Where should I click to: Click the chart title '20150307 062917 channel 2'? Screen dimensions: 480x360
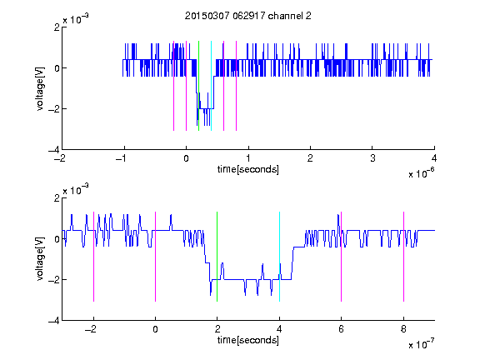pos(248,16)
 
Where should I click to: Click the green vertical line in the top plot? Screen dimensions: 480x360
pos(198,86)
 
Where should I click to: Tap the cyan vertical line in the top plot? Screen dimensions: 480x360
pos(211,86)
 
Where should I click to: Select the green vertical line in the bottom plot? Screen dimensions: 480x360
pos(217,257)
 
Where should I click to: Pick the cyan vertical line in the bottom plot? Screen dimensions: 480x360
pos(279,257)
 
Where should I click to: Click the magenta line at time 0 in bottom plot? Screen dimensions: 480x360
pos(156,257)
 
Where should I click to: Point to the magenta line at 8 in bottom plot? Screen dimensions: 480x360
pos(403,257)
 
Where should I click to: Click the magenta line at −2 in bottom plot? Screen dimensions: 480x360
pos(93,257)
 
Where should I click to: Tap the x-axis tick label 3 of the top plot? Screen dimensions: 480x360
pos(372,158)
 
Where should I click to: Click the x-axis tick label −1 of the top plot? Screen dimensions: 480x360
pos(121,158)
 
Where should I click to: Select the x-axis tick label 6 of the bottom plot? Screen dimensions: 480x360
pos(342,329)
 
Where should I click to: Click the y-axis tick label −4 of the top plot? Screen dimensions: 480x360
pos(54,150)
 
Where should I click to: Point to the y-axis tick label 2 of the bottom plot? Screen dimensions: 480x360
pos(57,197)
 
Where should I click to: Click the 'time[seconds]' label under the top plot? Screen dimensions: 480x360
pos(248,169)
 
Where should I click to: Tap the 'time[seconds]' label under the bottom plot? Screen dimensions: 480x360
pos(248,340)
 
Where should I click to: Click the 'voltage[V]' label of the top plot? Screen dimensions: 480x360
pos(40,88)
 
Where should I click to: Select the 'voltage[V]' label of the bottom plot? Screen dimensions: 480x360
pos(40,258)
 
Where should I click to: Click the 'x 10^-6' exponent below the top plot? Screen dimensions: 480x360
pos(421,173)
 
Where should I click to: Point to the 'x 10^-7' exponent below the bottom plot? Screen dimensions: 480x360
pos(421,344)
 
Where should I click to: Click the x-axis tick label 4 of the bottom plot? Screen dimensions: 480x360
pos(279,329)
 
